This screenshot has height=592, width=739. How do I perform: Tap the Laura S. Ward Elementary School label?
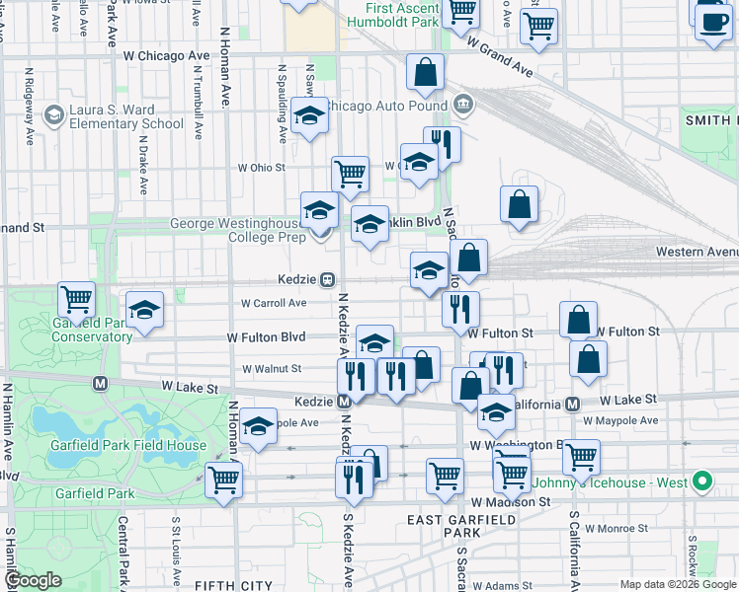click(x=124, y=116)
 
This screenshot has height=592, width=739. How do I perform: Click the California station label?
click(x=555, y=405)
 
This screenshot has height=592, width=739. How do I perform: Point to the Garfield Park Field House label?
click(x=129, y=445)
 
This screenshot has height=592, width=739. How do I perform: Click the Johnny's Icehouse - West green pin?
click(x=702, y=482)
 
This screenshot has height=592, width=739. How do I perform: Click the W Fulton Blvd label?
click(x=266, y=336)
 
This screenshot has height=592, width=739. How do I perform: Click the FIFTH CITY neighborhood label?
click(x=233, y=585)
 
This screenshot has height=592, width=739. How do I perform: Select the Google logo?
click(x=34, y=580)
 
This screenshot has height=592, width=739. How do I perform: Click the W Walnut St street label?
click(x=272, y=369)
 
